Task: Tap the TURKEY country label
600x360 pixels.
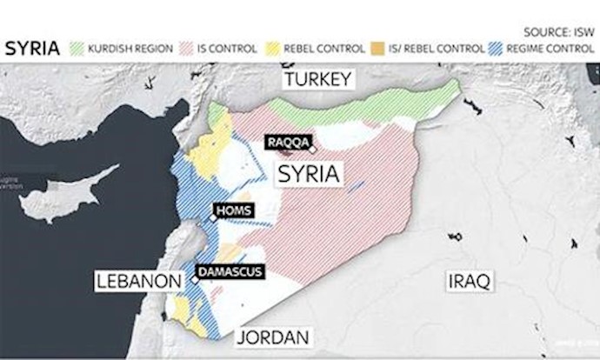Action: click(317, 80)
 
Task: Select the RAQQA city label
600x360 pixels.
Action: click(285, 143)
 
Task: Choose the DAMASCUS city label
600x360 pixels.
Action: click(230, 272)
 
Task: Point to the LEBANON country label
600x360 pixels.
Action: click(139, 282)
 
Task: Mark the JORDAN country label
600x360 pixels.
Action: click(275, 337)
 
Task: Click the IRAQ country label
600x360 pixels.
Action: click(469, 281)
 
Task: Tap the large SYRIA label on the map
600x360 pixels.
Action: click(308, 174)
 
